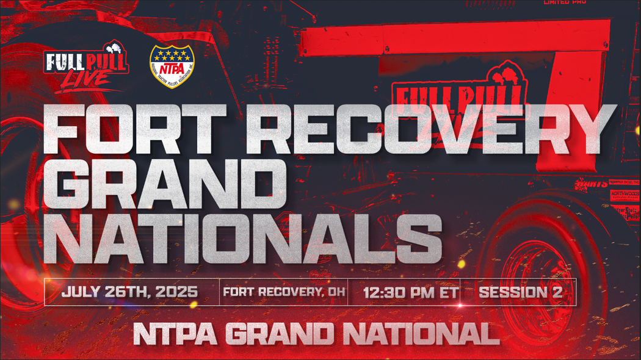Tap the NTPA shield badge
(x=171, y=66)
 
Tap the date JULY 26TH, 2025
(x=129, y=292)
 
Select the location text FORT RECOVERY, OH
(x=283, y=292)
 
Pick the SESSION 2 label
(x=520, y=292)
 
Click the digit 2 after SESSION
(x=556, y=292)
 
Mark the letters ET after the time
(x=448, y=292)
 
